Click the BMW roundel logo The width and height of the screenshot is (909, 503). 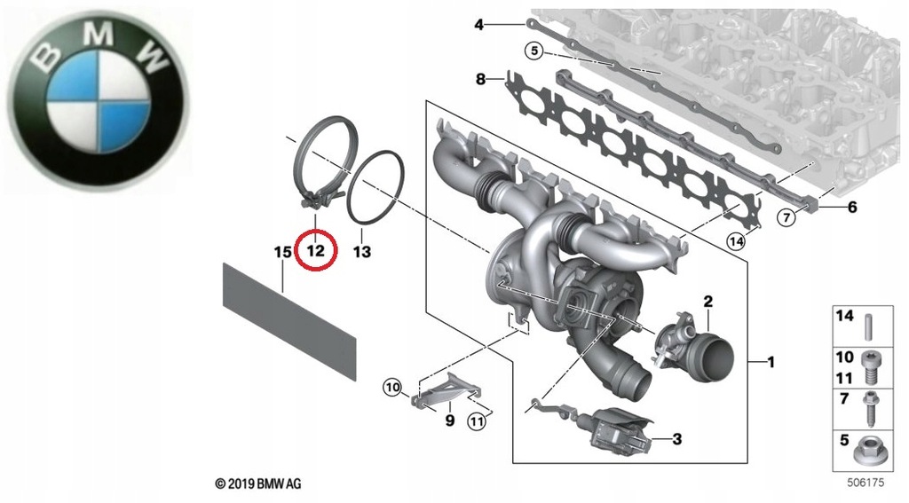pos(99,99)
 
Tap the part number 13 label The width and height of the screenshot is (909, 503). pos(361,252)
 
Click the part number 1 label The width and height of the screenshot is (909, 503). pos(771,362)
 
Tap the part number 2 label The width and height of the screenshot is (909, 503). pos(708,302)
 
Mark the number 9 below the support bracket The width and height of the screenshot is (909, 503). pos(449,420)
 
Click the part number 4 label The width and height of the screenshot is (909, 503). pos(478,25)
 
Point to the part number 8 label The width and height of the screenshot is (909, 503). pos(481,79)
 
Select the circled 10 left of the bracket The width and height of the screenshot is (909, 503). pos(393,387)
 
